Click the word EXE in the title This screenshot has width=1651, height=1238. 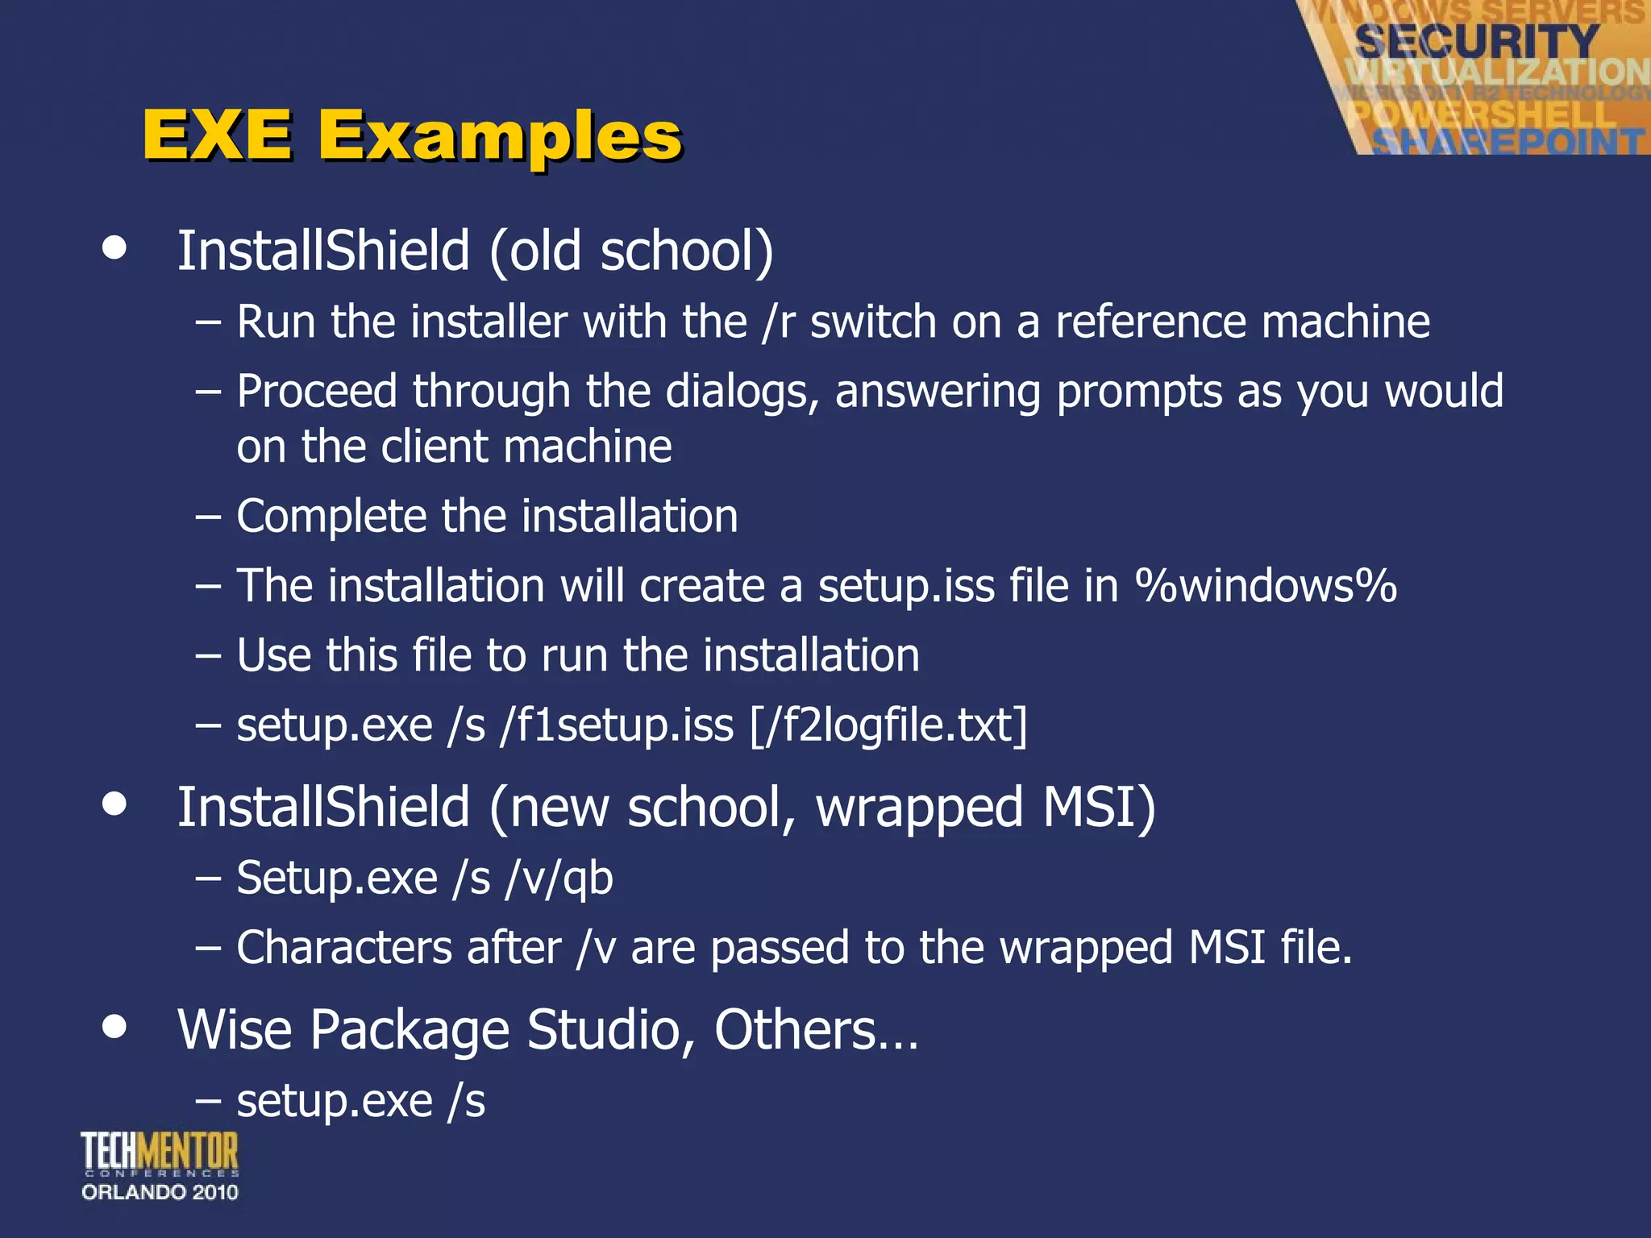(x=218, y=135)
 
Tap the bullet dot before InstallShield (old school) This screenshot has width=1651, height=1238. (x=115, y=247)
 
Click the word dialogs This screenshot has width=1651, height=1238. (x=742, y=393)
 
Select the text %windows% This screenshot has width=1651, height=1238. (x=1266, y=586)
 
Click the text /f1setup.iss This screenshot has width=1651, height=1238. (x=618, y=725)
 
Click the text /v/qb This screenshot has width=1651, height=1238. (x=559, y=878)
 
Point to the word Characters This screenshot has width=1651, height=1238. (x=343, y=947)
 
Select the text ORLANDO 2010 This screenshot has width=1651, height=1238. (x=160, y=1192)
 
